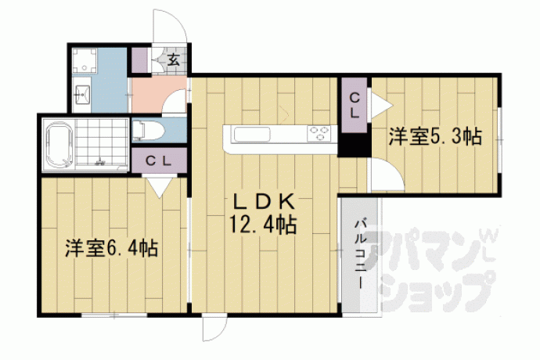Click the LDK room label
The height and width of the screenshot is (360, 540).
click(x=264, y=202)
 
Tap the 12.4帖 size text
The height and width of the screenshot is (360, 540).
click(x=263, y=225)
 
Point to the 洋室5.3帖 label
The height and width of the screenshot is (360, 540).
click(x=435, y=136)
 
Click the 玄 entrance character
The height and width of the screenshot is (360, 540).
click(x=174, y=60)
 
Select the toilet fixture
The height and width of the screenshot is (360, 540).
click(x=148, y=131)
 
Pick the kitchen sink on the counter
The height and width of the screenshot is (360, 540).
click(x=252, y=135)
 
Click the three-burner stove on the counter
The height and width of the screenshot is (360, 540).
click(x=319, y=134)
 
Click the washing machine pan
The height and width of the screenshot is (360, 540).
click(x=85, y=60)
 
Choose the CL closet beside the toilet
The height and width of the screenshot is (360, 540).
click(x=159, y=161)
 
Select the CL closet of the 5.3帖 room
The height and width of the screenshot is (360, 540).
click(x=354, y=105)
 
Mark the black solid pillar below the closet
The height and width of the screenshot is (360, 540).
click(x=354, y=144)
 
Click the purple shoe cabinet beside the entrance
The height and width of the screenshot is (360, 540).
click(x=140, y=60)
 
